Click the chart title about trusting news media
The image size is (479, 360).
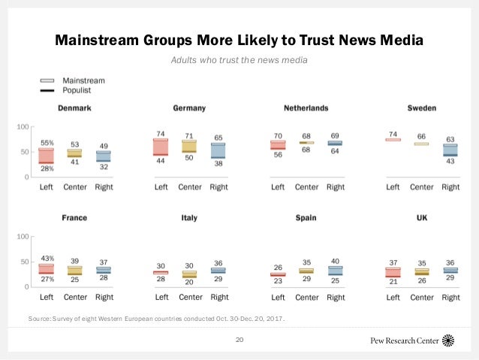pos(239,38)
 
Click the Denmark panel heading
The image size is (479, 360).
pos(74,108)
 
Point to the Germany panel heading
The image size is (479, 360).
pos(189,108)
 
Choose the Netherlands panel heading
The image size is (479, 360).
pos(306,108)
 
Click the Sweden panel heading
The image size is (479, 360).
pos(421,108)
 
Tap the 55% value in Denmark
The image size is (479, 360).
pos(47,143)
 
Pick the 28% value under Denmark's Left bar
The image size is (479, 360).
pos(47,168)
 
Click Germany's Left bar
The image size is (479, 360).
pos(161,147)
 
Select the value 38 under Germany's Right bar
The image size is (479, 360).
pos(218,162)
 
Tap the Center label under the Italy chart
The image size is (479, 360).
pos(191,298)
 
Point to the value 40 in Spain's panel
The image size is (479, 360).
pos(335,262)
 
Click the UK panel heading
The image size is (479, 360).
pos(421,218)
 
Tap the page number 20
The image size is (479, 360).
pos(239,340)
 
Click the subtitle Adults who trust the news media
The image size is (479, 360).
pos(239,59)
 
